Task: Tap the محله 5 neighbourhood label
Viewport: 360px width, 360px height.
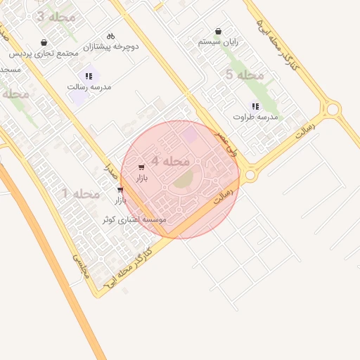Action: (x=245, y=75)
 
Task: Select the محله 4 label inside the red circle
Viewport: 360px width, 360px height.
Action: (x=171, y=161)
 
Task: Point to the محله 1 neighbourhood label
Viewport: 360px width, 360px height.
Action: (x=81, y=193)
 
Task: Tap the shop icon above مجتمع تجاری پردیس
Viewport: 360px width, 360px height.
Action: (x=44, y=42)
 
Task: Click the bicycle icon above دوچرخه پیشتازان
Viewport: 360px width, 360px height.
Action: (x=110, y=36)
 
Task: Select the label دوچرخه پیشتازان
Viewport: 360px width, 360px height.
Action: (x=111, y=46)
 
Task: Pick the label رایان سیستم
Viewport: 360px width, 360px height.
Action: (x=219, y=42)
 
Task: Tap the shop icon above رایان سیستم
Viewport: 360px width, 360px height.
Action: (x=219, y=32)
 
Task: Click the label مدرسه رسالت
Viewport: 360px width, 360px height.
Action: (x=89, y=86)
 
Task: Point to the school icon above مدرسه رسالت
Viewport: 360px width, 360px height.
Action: (x=89, y=76)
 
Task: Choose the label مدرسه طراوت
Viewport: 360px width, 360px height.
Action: (x=256, y=117)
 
